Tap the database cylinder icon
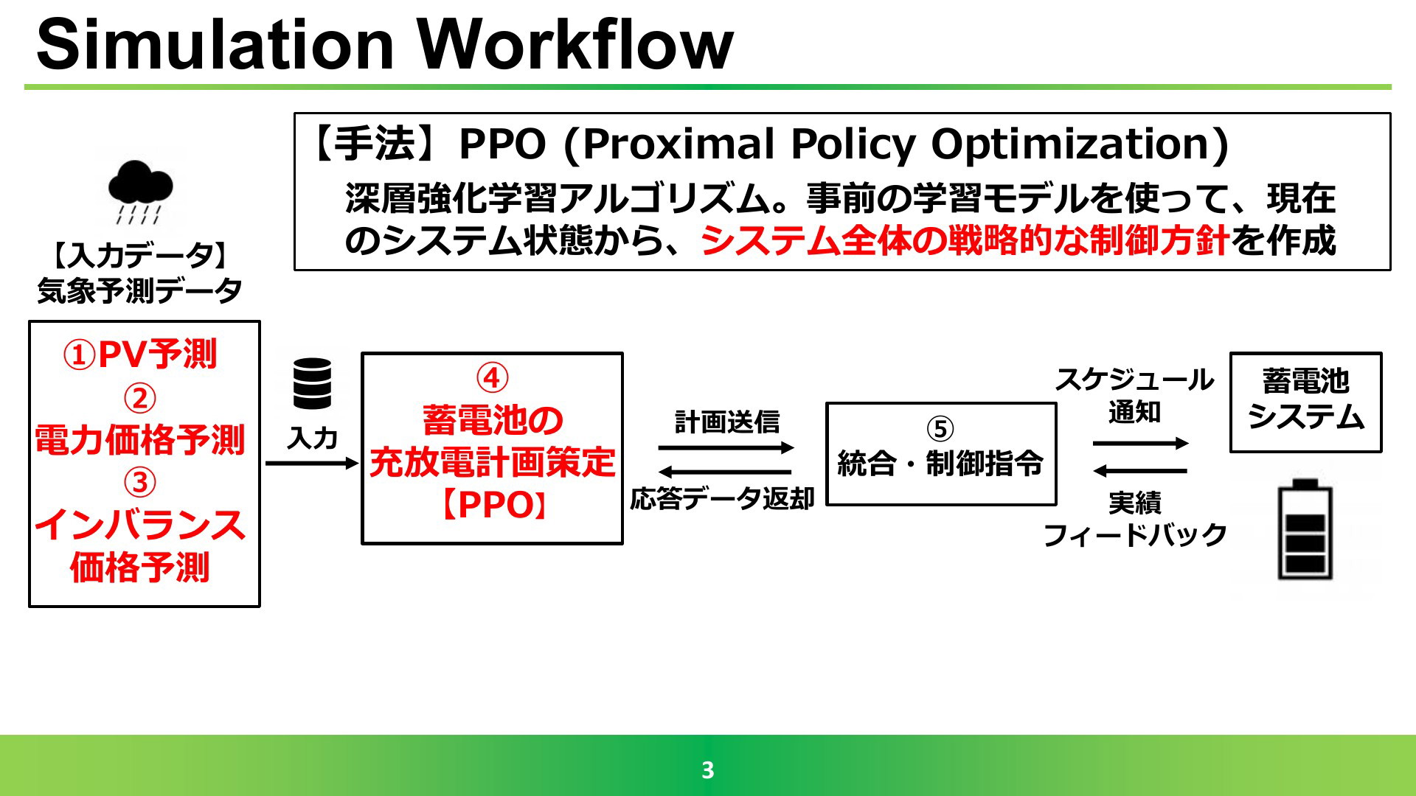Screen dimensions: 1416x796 tap(313, 383)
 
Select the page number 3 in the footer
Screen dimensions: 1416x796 tap(708, 770)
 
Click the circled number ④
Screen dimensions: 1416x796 tap(492, 378)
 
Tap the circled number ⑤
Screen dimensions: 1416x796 tap(940, 429)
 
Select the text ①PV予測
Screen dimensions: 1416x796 tap(140, 355)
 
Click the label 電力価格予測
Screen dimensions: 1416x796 tap(140, 439)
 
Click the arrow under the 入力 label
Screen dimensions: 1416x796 tap(312, 463)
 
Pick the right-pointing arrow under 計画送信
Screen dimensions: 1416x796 tap(726, 447)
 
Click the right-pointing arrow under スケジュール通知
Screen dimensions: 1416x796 tap(1140, 443)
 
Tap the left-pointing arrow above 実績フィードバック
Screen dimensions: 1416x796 tap(1140, 470)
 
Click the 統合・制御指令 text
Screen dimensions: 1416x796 tap(940, 464)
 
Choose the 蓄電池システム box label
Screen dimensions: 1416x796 tap(1305, 399)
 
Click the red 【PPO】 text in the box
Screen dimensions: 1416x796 tap(492, 506)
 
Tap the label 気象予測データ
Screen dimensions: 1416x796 tap(140, 290)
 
